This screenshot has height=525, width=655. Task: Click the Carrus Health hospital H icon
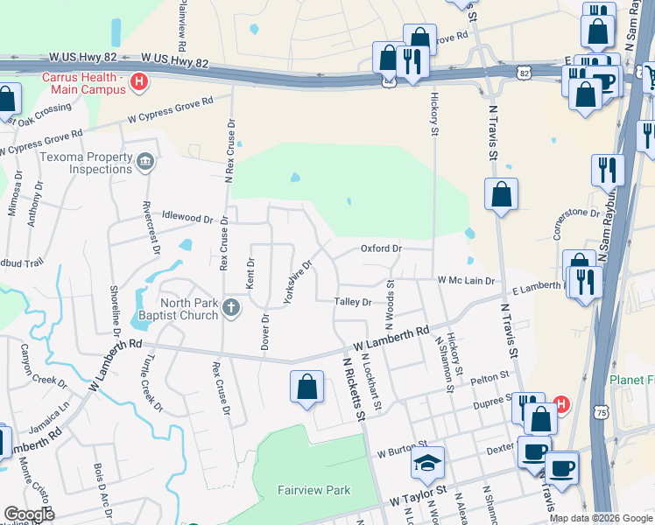[138, 83]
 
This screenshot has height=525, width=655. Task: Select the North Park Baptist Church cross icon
[230, 307]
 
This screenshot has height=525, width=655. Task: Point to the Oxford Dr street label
[381, 248]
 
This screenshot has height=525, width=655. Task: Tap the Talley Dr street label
[353, 302]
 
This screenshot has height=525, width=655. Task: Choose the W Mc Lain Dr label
[467, 281]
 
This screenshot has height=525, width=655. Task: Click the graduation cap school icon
[428, 462]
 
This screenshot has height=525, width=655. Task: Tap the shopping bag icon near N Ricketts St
[306, 387]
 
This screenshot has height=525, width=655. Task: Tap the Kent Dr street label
[250, 274]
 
